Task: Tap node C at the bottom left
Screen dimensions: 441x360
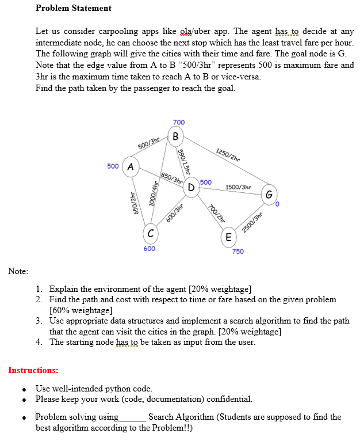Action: [150, 233]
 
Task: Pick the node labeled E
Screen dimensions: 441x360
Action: [228, 237]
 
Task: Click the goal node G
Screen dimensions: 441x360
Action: [269, 193]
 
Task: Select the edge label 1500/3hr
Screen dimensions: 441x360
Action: [238, 187]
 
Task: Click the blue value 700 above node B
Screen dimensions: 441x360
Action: [178, 122]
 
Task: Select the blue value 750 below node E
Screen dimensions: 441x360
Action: [238, 252]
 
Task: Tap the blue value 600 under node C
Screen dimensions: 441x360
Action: [149, 249]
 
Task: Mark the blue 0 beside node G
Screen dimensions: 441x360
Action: [276, 204]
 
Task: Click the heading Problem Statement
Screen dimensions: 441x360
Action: [74, 8]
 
